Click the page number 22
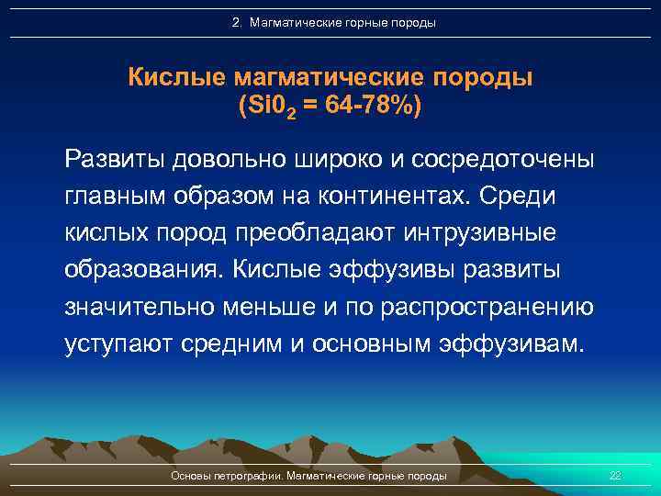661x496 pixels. pos(615,476)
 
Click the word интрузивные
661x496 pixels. pos(479,233)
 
